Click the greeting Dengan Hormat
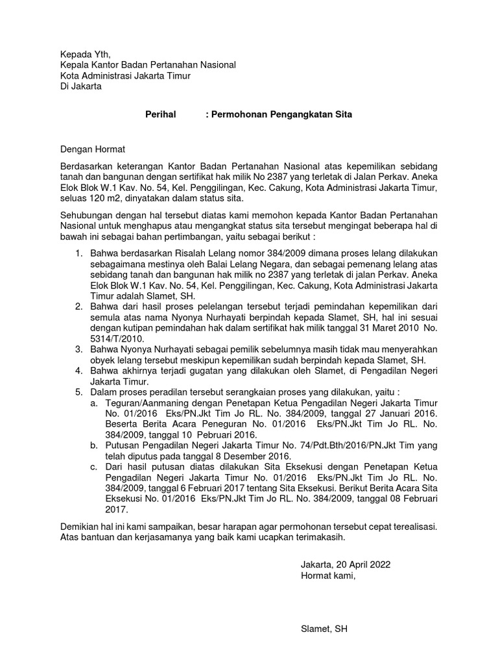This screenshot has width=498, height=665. [92, 149]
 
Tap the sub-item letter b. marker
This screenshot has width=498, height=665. [95, 445]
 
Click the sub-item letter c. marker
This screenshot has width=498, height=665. [95, 468]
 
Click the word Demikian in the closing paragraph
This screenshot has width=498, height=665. [80, 526]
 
